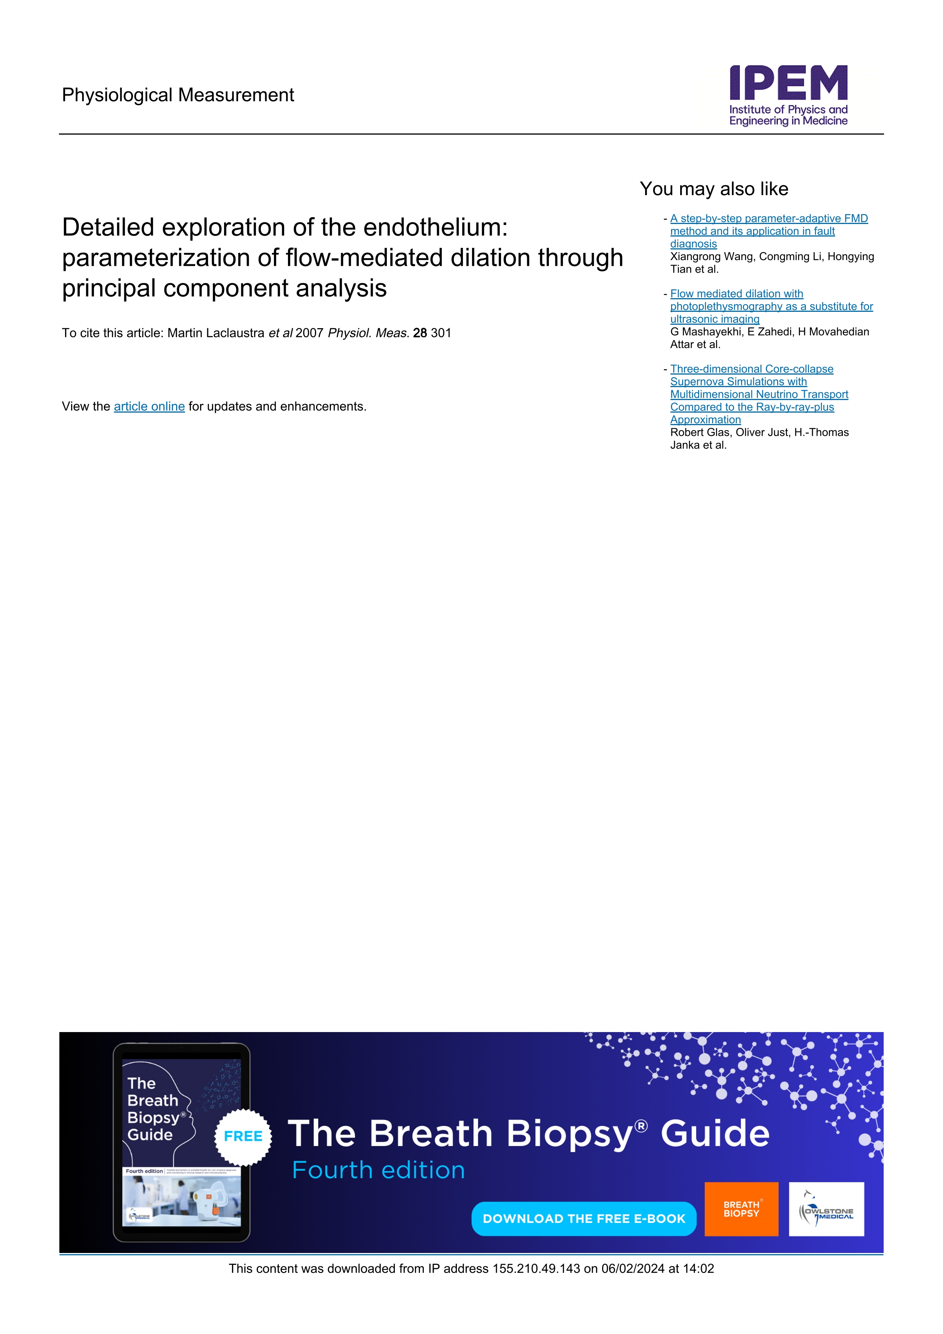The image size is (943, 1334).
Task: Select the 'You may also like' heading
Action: click(x=714, y=189)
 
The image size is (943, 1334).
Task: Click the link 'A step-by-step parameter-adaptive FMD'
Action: click(x=769, y=218)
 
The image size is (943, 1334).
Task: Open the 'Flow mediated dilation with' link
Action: click(x=736, y=294)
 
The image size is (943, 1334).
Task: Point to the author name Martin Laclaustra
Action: click(x=216, y=333)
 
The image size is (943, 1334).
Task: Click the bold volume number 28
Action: click(x=420, y=333)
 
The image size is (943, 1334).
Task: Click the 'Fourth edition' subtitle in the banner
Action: click(x=378, y=1170)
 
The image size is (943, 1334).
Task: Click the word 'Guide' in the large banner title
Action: click(x=715, y=1134)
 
